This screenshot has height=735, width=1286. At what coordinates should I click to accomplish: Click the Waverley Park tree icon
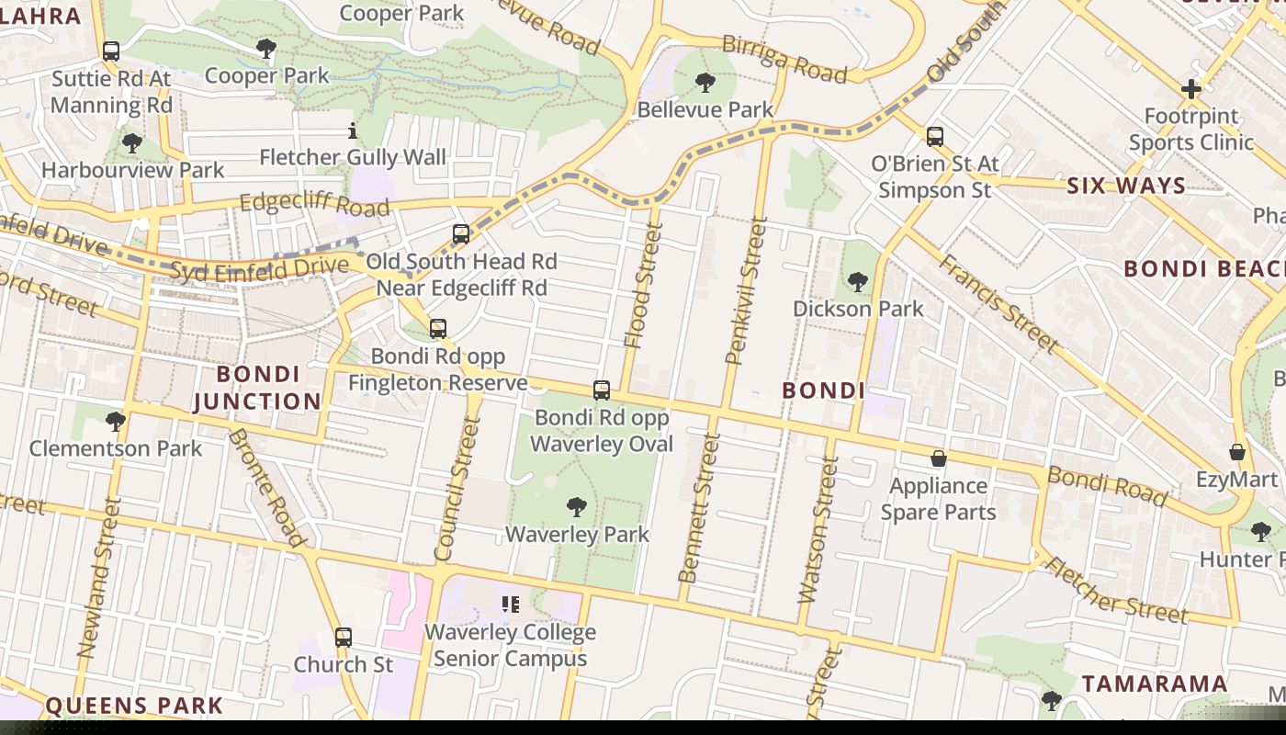click(x=576, y=506)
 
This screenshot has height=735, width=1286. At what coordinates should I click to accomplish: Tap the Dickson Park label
click(x=857, y=309)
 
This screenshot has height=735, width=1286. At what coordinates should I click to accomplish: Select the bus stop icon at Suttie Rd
click(x=111, y=51)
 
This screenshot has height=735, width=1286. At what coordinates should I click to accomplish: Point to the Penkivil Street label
click(x=745, y=290)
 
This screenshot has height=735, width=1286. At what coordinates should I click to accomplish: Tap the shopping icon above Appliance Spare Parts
click(x=939, y=458)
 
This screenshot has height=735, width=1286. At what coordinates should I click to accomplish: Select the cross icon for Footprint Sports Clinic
click(x=1191, y=89)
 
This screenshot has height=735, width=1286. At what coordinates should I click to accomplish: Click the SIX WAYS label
click(x=1126, y=186)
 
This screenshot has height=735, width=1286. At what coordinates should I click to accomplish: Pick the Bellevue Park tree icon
click(x=705, y=83)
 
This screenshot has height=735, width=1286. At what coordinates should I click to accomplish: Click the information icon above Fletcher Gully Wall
click(x=353, y=131)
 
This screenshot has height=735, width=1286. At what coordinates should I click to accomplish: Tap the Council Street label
click(x=457, y=489)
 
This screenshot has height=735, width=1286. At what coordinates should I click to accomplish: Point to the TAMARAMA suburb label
click(x=1154, y=684)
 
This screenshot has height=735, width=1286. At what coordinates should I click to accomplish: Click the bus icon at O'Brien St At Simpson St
click(x=935, y=137)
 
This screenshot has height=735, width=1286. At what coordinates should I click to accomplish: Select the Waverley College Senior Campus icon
click(x=511, y=604)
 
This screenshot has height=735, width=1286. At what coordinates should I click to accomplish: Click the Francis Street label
click(x=998, y=303)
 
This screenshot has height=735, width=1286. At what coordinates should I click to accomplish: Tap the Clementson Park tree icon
click(x=116, y=422)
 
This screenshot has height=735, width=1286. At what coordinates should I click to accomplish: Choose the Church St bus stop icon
click(x=343, y=637)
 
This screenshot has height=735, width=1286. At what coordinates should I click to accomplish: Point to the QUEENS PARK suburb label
click(x=134, y=706)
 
